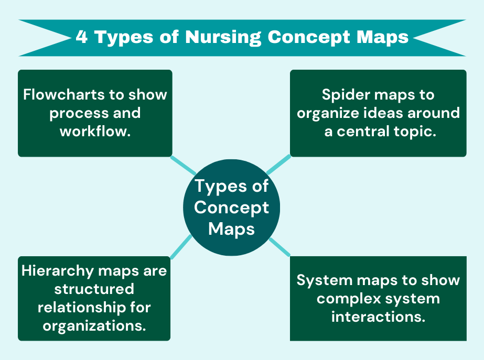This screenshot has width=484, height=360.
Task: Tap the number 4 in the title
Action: tap(82, 37)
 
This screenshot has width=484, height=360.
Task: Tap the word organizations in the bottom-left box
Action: tap(94, 325)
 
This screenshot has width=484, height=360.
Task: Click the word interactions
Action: tap(378, 317)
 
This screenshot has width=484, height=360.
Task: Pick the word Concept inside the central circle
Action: tap(231, 208)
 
